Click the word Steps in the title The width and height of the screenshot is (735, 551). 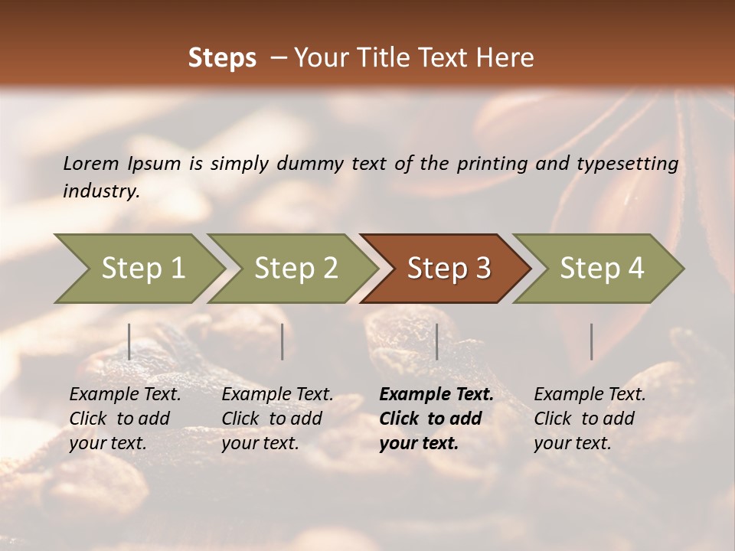(222, 58)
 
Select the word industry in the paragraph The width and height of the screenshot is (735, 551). (100, 191)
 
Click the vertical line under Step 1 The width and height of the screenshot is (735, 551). (129, 341)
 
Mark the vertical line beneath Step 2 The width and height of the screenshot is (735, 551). (283, 341)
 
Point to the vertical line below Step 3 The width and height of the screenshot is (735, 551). (436, 341)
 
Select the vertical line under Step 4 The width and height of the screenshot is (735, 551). (591, 341)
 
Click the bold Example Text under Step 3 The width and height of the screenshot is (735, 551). (436, 395)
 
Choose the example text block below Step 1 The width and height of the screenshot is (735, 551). (125, 419)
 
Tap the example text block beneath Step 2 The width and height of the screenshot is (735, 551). (277, 419)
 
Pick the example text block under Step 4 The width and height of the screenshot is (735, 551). (590, 419)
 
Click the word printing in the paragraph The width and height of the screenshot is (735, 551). (492, 164)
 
